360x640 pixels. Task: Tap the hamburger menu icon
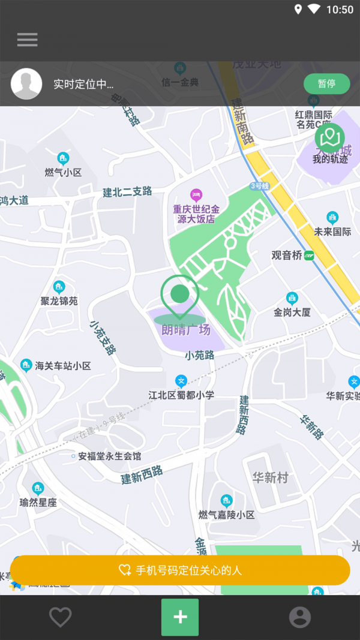(x=27, y=40)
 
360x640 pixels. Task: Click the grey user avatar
(x=26, y=84)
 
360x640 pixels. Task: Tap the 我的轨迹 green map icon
(x=329, y=139)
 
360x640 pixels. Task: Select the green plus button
(x=180, y=617)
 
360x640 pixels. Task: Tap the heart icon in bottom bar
(x=60, y=617)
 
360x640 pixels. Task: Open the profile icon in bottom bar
(x=300, y=617)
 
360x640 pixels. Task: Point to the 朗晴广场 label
(x=186, y=329)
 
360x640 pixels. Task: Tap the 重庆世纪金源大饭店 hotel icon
(x=196, y=194)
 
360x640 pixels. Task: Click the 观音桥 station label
(x=287, y=255)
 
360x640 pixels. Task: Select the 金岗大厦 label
(x=292, y=312)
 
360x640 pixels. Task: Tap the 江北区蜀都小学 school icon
(x=181, y=381)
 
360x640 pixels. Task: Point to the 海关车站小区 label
(x=62, y=365)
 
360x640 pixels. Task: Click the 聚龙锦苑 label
(x=59, y=301)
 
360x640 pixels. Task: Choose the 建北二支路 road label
(x=127, y=192)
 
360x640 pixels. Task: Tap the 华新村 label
(x=270, y=477)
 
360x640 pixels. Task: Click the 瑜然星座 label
(x=38, y=503)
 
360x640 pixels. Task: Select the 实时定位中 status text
(x=83, y=85)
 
